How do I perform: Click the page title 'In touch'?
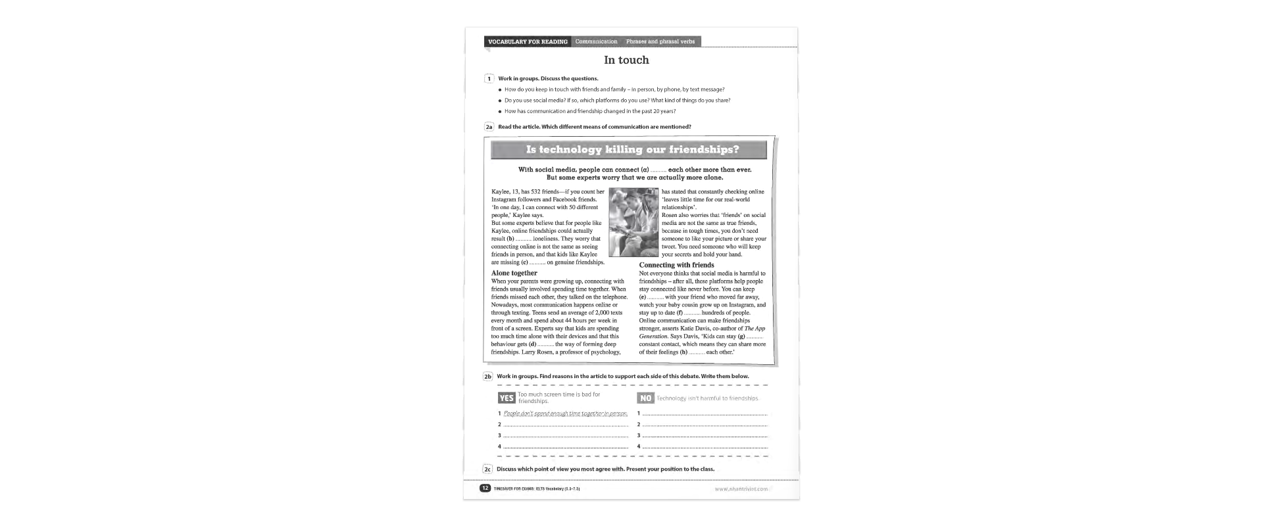626,60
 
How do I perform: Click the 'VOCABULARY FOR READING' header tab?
528,42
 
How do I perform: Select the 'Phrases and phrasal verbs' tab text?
660,42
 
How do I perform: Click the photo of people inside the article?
633,222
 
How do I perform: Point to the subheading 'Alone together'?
514,273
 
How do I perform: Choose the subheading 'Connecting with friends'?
676,265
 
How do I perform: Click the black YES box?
507,398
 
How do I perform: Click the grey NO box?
645,398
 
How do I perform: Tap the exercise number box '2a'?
489,127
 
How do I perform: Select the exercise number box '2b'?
488,377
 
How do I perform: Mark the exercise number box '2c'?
487,469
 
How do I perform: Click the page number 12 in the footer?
485,488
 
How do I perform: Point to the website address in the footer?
741,489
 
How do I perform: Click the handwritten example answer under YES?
565,414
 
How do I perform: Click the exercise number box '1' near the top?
489,79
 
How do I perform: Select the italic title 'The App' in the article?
755,329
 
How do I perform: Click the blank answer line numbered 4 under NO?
705,447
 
